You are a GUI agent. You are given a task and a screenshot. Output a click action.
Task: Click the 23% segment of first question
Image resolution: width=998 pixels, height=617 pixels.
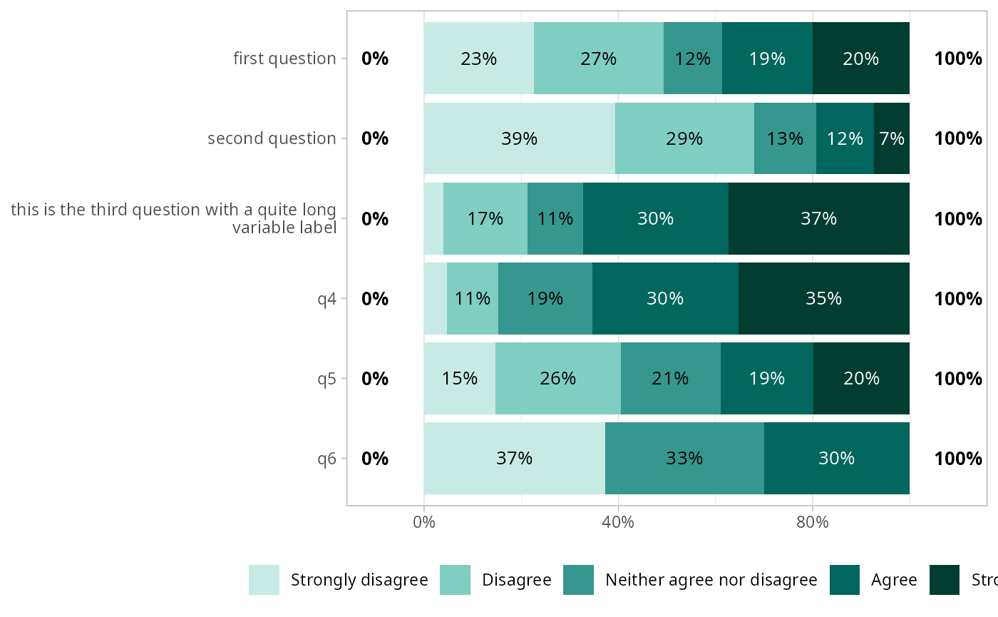coord(478,58)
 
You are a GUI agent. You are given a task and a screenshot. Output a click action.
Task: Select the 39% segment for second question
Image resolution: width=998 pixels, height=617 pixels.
coord(519,138)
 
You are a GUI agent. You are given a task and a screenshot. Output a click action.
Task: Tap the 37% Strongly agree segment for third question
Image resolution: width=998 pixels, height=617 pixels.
coord(818,218)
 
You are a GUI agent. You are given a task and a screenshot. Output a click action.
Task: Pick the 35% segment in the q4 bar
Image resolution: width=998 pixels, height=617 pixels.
coord(823,298)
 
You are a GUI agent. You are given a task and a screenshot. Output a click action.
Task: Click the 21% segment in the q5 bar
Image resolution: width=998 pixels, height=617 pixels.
coord(670,378)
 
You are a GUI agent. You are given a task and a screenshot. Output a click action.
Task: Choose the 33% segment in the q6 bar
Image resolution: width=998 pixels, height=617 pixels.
coord(684,458)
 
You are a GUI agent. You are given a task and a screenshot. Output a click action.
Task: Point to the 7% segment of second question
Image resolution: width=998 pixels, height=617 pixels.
coord(892,138)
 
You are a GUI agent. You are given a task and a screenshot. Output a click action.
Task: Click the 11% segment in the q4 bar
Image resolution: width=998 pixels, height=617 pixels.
coord(473,298)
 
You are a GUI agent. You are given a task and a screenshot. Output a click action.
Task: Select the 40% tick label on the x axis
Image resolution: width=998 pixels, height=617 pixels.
coord(618,522)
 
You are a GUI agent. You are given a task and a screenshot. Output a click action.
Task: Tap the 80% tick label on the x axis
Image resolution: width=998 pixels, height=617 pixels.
coord(813,522)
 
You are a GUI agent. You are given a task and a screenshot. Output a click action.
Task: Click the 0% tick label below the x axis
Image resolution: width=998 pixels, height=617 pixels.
coord(424,522)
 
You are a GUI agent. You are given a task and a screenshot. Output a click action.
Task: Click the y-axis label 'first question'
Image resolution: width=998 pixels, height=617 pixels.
coord(284,58)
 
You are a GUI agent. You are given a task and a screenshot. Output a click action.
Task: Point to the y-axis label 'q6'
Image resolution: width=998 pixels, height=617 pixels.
coord(327,458)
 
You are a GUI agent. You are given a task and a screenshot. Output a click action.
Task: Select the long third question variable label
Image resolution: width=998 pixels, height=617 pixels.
coord(173,219)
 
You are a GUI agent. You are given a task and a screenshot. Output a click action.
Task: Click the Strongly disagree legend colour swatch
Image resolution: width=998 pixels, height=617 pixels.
coord(264,580)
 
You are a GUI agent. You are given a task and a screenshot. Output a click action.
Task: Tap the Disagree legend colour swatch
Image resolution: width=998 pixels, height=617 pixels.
coord(455,580)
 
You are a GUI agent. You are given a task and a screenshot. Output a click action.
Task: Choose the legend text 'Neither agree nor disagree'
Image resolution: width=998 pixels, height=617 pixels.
coord(711,580)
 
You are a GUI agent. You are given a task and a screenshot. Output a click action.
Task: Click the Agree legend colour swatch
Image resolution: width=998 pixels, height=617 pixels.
coord(845,580)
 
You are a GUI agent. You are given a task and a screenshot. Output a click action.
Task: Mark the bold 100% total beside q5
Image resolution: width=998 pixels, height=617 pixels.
coord(958,378)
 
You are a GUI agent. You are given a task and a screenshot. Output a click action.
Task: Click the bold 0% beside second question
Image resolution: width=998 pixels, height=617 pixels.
coord(375,138)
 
